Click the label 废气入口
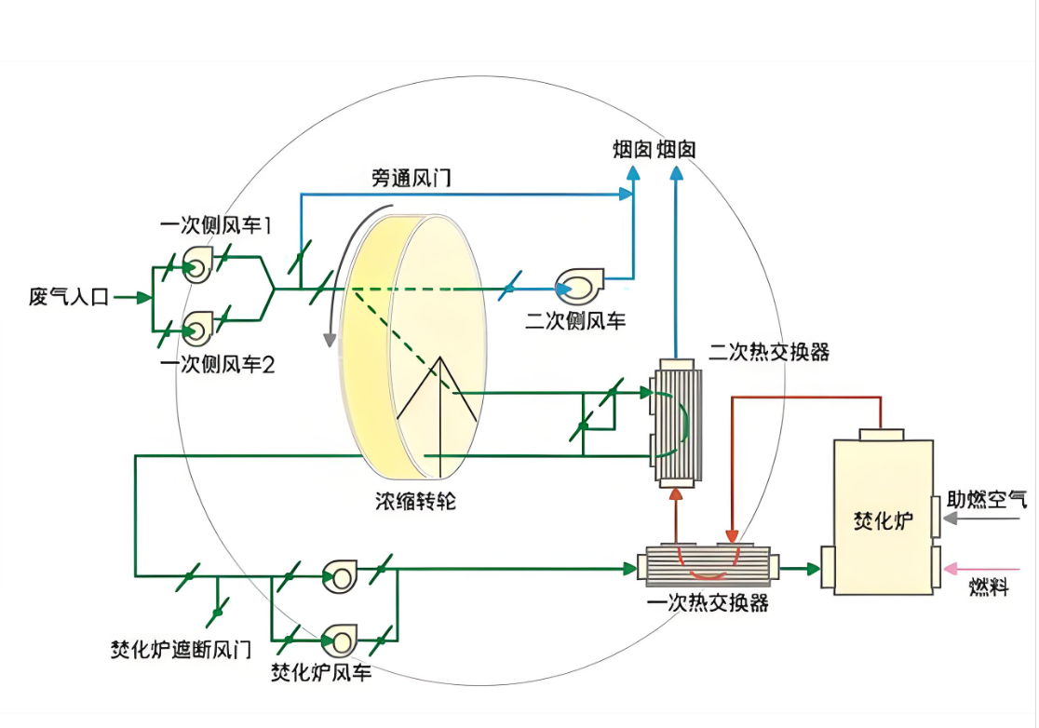click(68, 296)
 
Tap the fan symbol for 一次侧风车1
click(197, 265)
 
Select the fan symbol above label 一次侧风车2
click(197, 328)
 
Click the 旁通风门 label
click(411, 178)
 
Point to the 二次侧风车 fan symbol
click(578, 286)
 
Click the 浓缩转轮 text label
click(415, 502)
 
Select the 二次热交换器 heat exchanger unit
click(677, 424)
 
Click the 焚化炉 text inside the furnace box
click(883, 520)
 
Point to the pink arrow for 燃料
click(981, 569)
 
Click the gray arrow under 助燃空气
click(981, 519)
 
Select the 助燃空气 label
click(987, 499)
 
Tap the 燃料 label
click(988, 586)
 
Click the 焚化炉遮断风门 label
click(181, 650)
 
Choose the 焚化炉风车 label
click(321, 672)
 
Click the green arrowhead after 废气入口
click(143, 297)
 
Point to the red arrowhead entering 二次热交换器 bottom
click(676, 494)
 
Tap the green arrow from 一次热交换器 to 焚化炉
click(800, 569)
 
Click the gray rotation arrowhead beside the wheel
click(330, 341)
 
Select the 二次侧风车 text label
click(575, 321)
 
